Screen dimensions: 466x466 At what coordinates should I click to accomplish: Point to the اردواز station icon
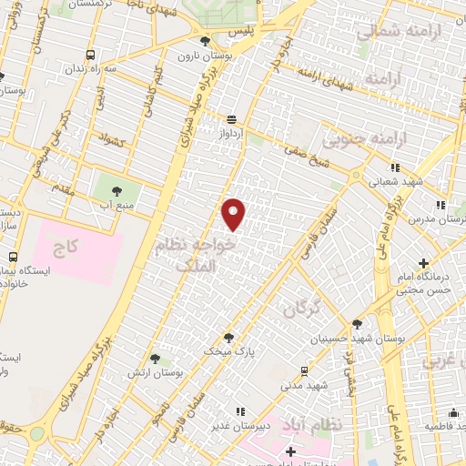[233, 118]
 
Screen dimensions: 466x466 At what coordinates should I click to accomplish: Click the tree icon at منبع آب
[116, 190]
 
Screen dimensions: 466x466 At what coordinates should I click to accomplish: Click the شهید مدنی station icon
[302, 371]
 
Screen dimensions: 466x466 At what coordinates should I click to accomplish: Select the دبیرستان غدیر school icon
[239, 411]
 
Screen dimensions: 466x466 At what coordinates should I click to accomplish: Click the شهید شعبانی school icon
[395, 167]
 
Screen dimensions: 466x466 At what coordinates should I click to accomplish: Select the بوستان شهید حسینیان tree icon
[357, 323]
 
